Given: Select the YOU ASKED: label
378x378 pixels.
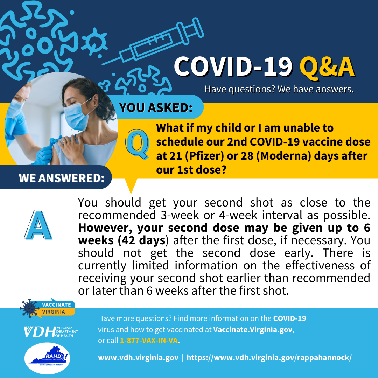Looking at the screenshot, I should [156, 108].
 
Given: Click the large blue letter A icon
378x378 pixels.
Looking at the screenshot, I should [38, 225].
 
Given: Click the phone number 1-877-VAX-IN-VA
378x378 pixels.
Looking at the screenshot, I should [149, 341].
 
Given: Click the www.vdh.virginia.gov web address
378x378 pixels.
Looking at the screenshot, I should [138, 358].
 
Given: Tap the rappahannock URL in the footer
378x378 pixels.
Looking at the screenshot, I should [269, 358].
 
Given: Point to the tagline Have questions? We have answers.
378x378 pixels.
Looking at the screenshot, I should [279, 89].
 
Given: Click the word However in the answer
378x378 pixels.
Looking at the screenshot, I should [104, 228].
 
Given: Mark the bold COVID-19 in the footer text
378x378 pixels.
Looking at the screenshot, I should [289, 319].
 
